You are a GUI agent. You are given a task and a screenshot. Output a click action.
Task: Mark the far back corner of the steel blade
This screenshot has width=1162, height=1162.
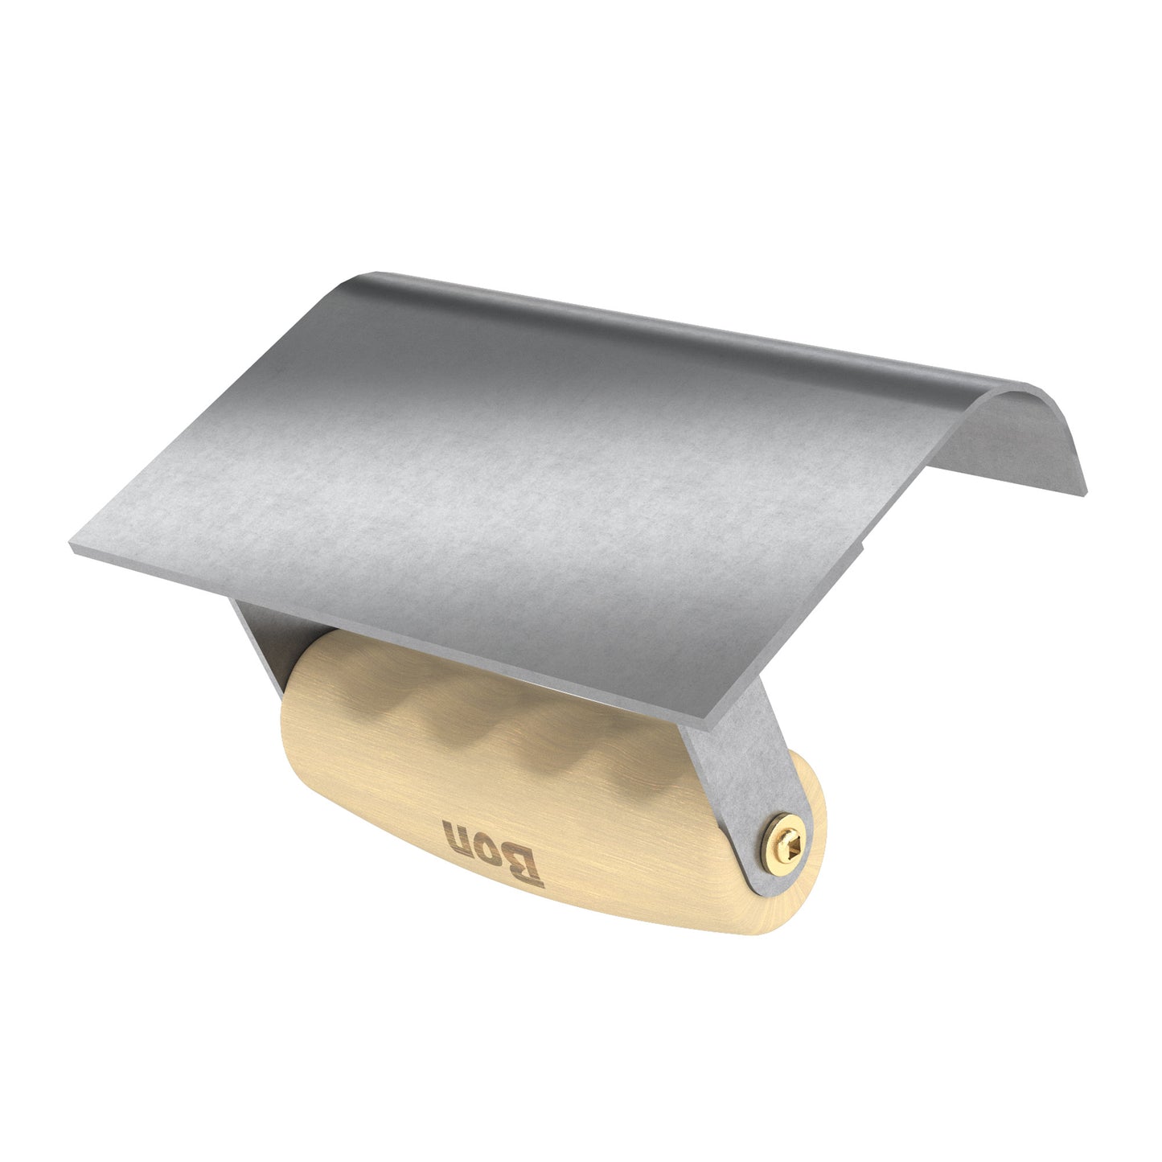(x=354, y=277)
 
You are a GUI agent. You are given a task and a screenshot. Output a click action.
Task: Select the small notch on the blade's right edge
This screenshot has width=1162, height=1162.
(x=862, y=547)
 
